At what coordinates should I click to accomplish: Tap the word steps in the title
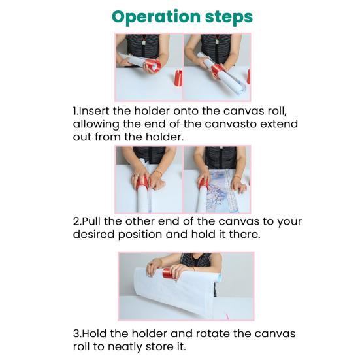229,17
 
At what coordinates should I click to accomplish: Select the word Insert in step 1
94,111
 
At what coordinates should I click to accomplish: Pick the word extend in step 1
279,124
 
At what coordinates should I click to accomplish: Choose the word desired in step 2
93,235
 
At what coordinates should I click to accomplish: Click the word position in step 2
140,235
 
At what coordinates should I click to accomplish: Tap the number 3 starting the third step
76,334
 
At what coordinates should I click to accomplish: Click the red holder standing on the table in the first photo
178,78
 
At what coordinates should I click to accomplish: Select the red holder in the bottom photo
169,273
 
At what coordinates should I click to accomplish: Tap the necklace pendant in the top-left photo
144,42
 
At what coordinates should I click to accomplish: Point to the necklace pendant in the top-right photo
217,42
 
